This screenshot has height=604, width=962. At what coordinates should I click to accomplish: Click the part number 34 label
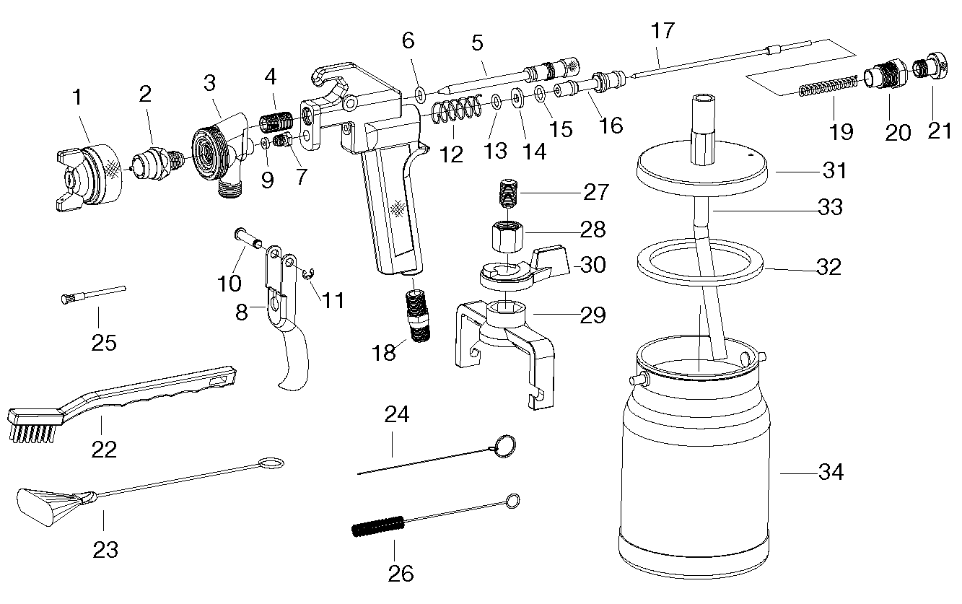(x=831, y=472)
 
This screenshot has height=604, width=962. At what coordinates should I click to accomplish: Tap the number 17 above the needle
(x=663, y=30)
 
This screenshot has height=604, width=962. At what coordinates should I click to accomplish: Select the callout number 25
(x=104, y=343)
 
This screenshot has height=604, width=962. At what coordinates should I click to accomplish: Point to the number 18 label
(x=383, y=352)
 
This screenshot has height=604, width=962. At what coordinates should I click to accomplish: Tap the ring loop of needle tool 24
(x=505, y=447)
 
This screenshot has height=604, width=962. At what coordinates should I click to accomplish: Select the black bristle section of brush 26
(x=378, y=527)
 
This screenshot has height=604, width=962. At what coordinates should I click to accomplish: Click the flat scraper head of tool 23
(x=49, y=507)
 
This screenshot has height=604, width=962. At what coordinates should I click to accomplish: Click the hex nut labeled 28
(x=507, y=237)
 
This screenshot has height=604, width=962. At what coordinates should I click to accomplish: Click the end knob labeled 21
(x=930, y=66)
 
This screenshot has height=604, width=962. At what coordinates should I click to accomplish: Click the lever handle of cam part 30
(x=551, y=260)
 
